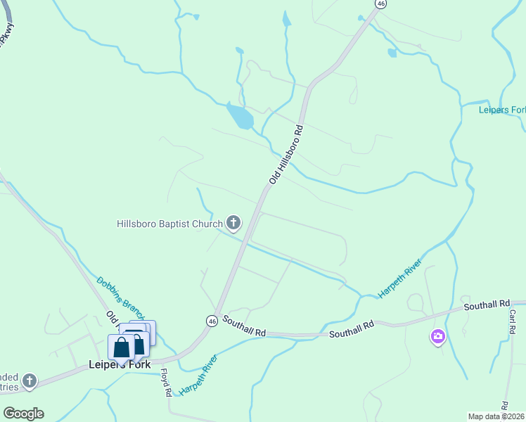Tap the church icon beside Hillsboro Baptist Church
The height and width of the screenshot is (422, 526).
[233, 223]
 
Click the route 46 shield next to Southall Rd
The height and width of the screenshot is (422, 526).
[212, 321]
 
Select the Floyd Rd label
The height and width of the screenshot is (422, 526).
[165, 383]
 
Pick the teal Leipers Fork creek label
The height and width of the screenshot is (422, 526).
[502, 110]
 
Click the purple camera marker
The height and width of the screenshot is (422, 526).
[438, 338]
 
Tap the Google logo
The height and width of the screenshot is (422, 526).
[23, 413]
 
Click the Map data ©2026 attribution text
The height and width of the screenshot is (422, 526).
[496, 416]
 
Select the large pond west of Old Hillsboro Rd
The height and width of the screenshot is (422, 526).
[240, 115]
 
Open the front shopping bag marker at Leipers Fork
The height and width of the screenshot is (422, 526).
[121, 348]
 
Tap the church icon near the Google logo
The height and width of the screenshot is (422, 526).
[29, 381]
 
